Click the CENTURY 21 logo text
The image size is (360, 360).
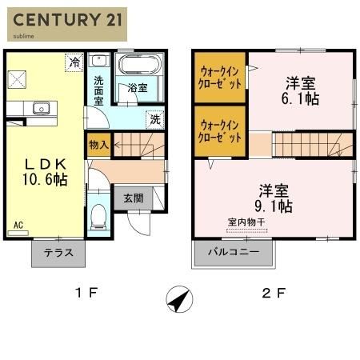[x=67, y=20]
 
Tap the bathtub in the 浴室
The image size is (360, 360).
[x=140, y=64]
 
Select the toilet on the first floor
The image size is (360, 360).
[x=98, y=217]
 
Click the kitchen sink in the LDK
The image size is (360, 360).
[x=41, y=108]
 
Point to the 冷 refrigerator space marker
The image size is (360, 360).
[x=74, y=62]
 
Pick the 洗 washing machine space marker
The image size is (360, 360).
[x=155, y=119]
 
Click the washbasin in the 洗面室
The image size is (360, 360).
[x=99, y=61]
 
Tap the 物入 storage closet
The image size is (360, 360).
[x=98, y=145]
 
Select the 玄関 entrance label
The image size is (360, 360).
[x=134, y=198]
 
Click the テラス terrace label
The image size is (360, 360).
[x=58, y=252]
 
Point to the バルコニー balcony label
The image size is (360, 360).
[x=234, y=252]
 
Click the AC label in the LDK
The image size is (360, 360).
[x=18, y=225]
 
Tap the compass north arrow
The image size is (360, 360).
[x=179, y=299]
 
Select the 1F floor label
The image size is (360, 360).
[x=86, y=293]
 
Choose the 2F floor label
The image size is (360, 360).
[x=274, y=293]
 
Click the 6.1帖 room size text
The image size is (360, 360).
[x=300, y=98]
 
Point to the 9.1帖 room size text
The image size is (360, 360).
[x=274, y=206]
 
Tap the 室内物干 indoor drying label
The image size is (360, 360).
[x=246, y=222]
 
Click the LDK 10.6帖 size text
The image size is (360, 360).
[x=45, y=179]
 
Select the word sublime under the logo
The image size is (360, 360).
[x=23, y=36]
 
